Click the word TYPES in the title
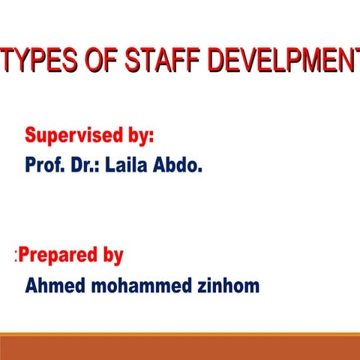click(37, 61)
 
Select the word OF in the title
click(95, 61)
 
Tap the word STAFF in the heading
click(158, 61)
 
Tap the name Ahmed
click(52, 286)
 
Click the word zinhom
click(229, 286)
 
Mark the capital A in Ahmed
click(31, 286)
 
